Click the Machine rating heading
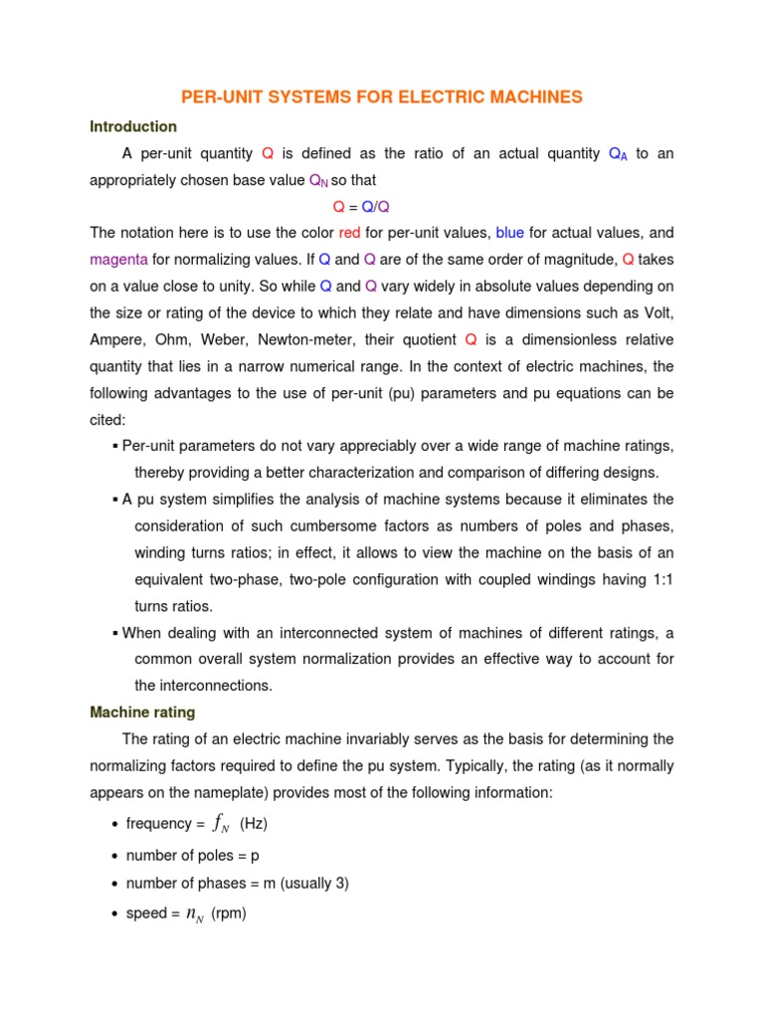(142, 713)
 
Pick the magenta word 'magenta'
(118, 259)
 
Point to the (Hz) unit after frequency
(254, 824)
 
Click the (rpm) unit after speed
(229, 914)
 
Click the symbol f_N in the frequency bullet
(222, 824)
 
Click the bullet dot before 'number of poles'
(115, 855)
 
